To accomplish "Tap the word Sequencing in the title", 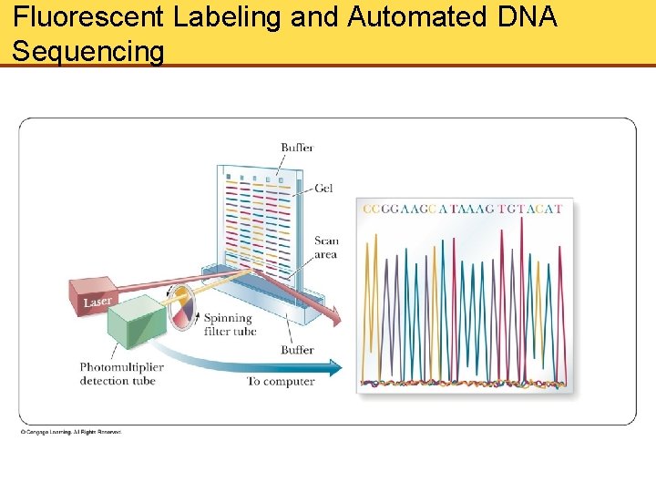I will pyautogui.click(x=88, y=51).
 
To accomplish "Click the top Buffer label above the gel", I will pyautogui.click(x=297, y=148).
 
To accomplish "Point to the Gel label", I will pyautogui.click(x=324, y=188).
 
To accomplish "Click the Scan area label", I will pyautogui.click(x=326, y=248).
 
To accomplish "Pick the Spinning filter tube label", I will pyautogui.click(x=230, y=324).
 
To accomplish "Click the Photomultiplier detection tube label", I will pyautogui.click(x=120, y=374).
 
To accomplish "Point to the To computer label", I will pyautogui.click(x=281, y=381).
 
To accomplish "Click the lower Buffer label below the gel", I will pyautogui.click(x=297, y=350).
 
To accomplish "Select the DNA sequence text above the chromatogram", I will pyautogui.click(x=463, y=209).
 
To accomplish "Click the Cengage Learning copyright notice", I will pyautogui.click(x=71, y=432).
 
